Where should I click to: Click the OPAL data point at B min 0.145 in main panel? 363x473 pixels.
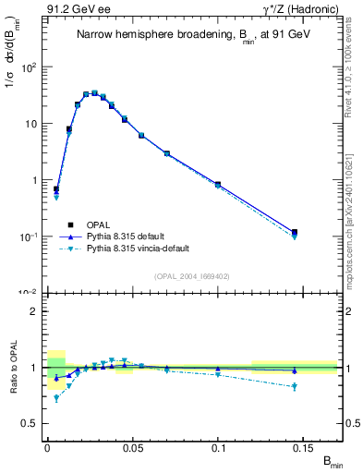point(295,232)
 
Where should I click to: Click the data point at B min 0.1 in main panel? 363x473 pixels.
point(217,185)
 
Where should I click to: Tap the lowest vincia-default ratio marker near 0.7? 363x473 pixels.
point(56,398)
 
